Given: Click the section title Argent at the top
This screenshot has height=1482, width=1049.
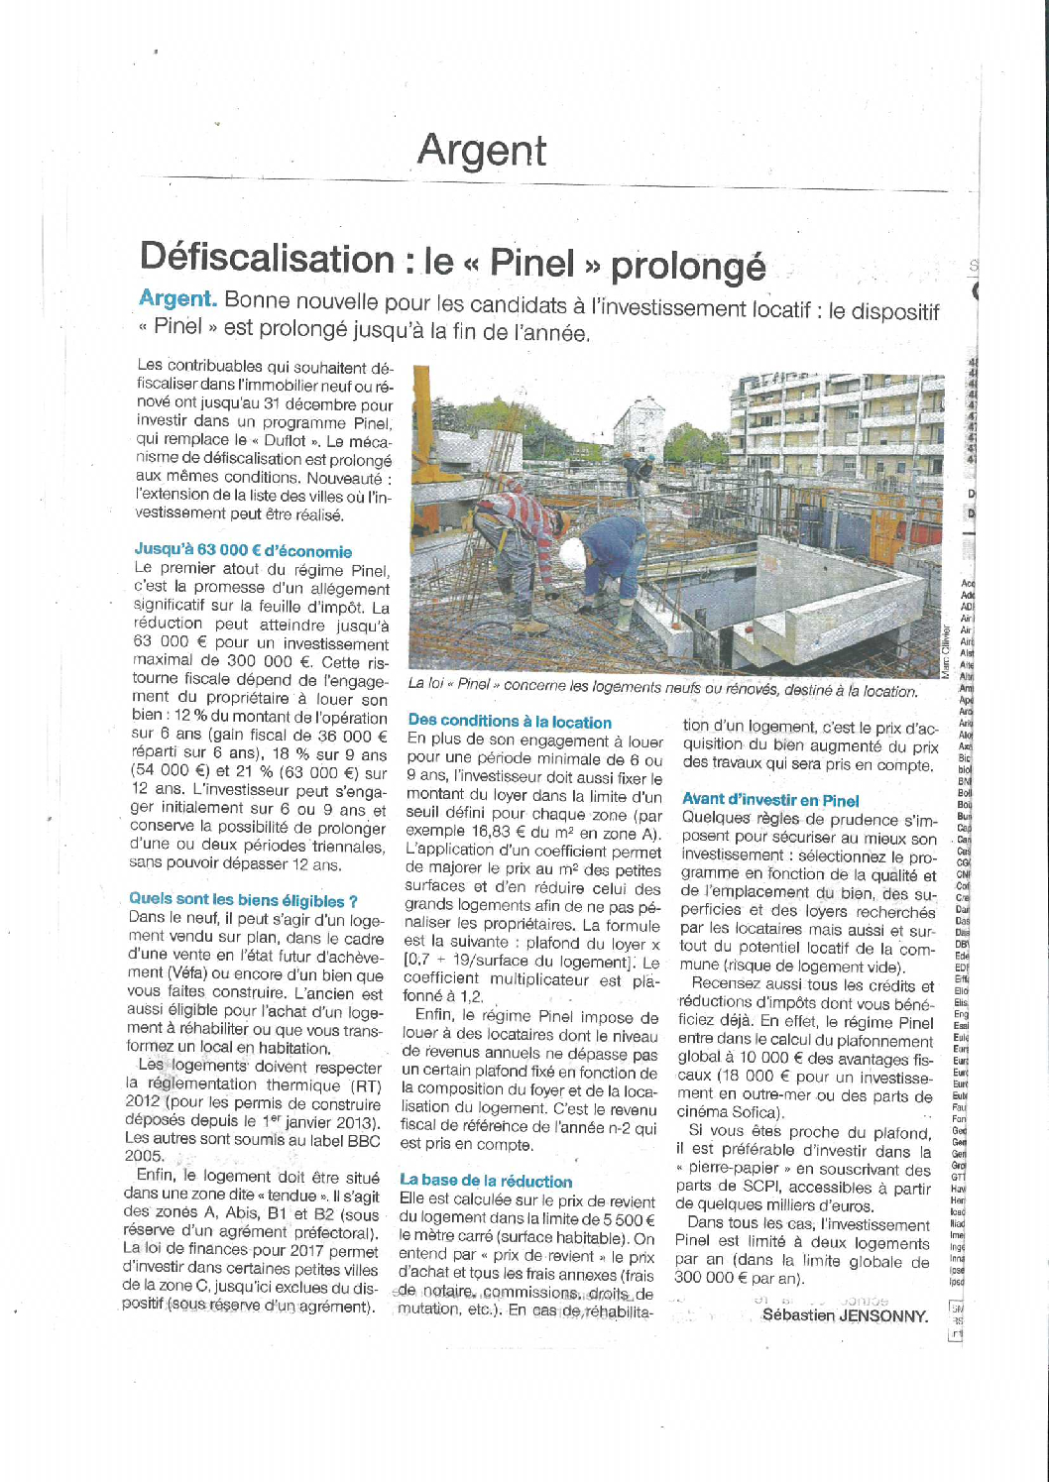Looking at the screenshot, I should pyautogui.click(x=482, y=151).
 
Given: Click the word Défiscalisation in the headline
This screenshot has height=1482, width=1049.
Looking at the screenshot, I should pyautogui.click(x=267, y=259).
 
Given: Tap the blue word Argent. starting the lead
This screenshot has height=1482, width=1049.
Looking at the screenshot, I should pyautogui.click(x=177, y=298).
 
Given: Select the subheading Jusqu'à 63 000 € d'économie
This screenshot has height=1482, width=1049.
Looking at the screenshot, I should pyautogui.click(x=243, y=551).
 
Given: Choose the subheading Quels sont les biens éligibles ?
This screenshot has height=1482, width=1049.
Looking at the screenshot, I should pyautogui.click(x=243, y=900).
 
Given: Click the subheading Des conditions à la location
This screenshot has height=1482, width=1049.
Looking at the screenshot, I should pyautogui.click(x=510, y=722).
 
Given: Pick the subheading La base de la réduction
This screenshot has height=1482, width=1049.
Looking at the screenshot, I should pyautogui.click(x=486, y=1181).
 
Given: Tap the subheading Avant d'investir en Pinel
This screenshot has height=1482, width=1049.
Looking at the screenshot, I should pyautogui.click(x=770, y=800).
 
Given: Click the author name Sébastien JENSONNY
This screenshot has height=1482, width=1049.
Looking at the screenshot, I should pyautogui.click(x=845, y=1315).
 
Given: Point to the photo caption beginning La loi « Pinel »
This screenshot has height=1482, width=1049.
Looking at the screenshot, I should pyautogui.click(x=662, y=688).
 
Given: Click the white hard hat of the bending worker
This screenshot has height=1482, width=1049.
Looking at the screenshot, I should pyautogui.click(x=572, y=553).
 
